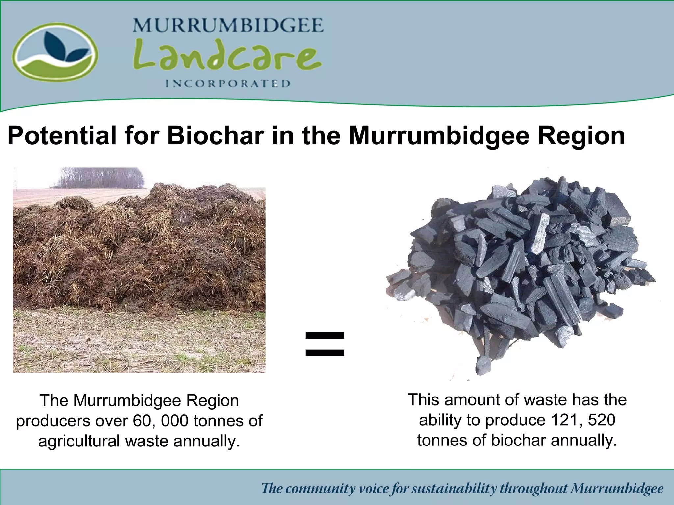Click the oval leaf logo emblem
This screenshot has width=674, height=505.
pyautogui.click(x=55, y=52)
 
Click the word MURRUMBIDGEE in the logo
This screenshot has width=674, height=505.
pyautogui.click(x=228, y=25)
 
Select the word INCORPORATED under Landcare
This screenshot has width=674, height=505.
pyautogui.click(x=228, y=84)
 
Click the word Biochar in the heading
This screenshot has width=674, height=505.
pyautogui.click(x=216, y=135)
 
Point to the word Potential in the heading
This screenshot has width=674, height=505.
pyautogui.click(x=62, y=135)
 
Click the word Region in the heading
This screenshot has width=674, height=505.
pyautogui.click(x=581, y=135)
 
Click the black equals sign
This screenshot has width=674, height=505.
pyautogui.click(x=324, y=344)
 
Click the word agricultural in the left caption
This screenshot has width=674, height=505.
pyautogui.click(x=79, y=441)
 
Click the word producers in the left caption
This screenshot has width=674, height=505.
pyautogui.click(x=53, y=421)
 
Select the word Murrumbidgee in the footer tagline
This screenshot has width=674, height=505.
pyautogui.click(x=617, y=489)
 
